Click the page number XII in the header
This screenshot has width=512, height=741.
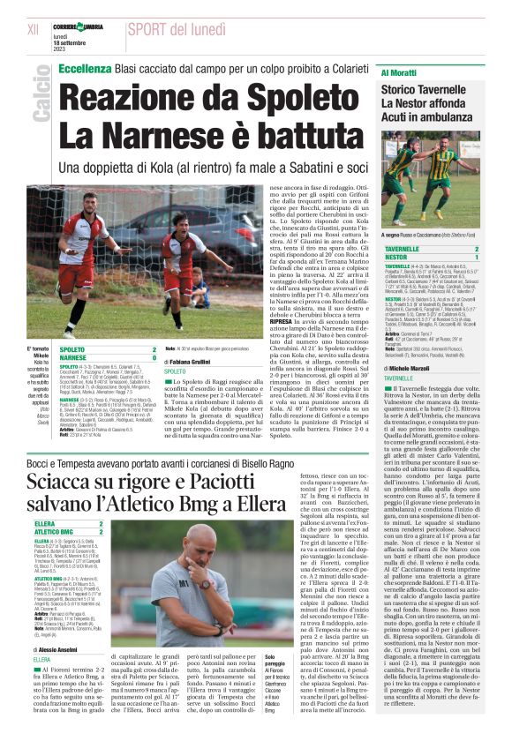33,29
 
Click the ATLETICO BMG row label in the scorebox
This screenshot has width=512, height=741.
64,531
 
